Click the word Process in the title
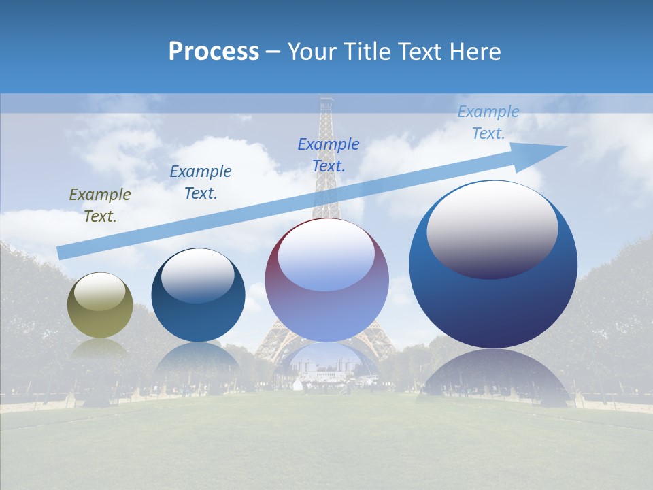[214, 52]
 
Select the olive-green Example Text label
[99, 206]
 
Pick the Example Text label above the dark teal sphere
[201, 182]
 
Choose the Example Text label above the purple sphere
[329, 154]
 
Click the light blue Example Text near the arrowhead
[488, 122]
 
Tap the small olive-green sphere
[100, 306]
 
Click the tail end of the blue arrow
[60, 253]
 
